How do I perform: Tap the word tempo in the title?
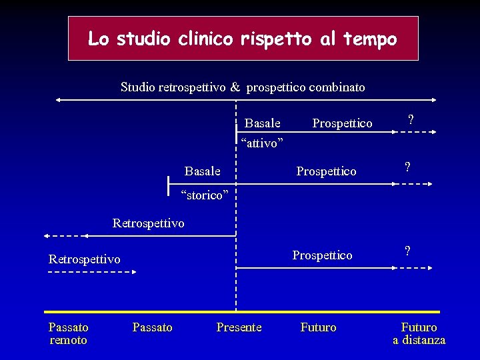coord(370,39)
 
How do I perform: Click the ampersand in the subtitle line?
coord(235,87)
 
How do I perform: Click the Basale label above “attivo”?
coord(262,123)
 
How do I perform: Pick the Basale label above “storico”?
coord(202,171)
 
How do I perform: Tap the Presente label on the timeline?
coord(239,327)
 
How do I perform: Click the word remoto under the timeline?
coord(68,341)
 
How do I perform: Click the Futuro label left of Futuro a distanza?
coord(318,327)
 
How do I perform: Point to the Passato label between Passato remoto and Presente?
coord(152,327)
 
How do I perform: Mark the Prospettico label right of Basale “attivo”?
coord(342,123)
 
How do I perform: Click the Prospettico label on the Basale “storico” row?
coord(326,171)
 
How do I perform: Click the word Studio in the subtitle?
coord(137,87)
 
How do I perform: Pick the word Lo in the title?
coord(98,39)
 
